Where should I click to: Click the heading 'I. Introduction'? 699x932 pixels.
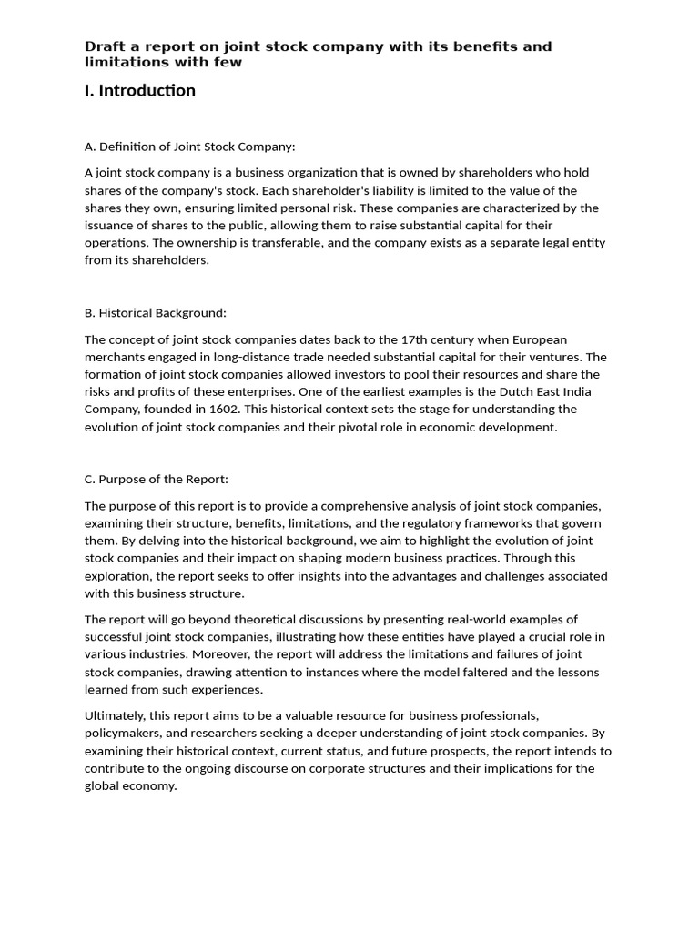pos(139,90)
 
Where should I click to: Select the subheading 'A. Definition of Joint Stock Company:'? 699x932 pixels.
pos(189,147)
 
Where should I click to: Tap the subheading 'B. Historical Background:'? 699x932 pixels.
pos(155,313)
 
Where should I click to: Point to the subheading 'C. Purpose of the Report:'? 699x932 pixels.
pos(156,479)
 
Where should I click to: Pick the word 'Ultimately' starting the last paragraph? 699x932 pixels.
pos(114,716)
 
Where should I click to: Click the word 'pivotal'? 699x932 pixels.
pos(370,427)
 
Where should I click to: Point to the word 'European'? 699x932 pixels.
pos(540,339)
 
